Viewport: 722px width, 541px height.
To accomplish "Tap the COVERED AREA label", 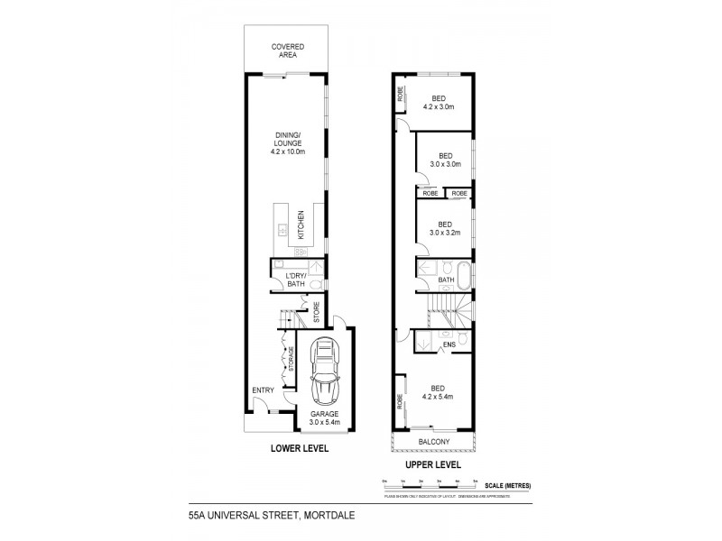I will pos(288,51).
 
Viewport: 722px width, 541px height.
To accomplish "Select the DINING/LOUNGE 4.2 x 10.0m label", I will pos(289,143).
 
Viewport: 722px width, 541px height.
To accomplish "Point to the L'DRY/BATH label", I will pos(295,279).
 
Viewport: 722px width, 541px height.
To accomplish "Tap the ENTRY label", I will pos(263,390).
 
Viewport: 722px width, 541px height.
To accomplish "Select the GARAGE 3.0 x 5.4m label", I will pos(324,417).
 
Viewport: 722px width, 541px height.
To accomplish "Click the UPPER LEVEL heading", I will pos(433,464).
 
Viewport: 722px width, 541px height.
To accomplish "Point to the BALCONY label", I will pos(436,441).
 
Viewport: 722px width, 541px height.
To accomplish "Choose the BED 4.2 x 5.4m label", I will pos(438,392).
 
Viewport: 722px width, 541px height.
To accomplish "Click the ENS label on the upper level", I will pos(448,345).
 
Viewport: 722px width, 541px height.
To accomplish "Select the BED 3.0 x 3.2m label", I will pos(444,228).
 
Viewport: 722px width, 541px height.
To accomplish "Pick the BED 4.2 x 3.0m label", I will pos(438,102).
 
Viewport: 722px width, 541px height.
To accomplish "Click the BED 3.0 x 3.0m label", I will pos(444,160).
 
